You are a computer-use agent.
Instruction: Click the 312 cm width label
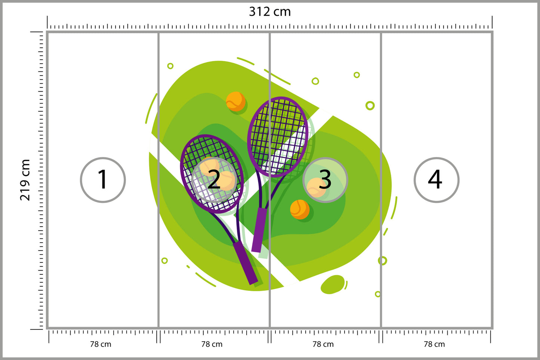tap(270, 12)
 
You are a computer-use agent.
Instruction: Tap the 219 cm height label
tap(25, 180)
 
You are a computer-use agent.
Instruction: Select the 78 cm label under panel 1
tap(101, 344)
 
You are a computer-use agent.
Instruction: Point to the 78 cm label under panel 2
tap(212, 344)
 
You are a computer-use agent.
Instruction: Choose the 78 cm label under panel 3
tap(323, 344)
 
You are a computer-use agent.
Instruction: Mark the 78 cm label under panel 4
tap(434, 344)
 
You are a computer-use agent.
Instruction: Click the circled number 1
tap(103, 180)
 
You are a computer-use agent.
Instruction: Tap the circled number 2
tap(214, 180)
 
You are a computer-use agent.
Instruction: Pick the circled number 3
tap(325, 180)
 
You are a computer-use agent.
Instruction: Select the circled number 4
tap(436, 180)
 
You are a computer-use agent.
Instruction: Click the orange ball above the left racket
tap(235, 101)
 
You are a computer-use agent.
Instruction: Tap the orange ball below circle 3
tap(300, 209)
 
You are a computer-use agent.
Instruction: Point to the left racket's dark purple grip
tap(246, 262)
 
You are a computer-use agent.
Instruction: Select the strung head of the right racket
tap(278, 137)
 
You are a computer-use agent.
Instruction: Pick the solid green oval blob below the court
tap(333, 284)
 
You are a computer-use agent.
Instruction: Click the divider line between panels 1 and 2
tap(158, 180)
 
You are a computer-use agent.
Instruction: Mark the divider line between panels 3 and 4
tap(381, 180)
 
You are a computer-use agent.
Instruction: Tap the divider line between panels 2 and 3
tap(269, 180)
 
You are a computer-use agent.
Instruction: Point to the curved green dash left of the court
tap(151, 108)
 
